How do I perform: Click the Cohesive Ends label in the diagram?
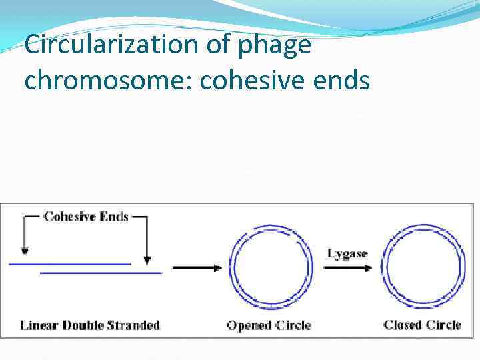[85, 217]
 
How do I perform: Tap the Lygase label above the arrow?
[347, 253]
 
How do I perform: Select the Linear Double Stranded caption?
[90, 325]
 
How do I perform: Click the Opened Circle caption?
[269, 325]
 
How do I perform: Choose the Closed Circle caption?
[422, 325]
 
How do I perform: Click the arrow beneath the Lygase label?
[348, 268]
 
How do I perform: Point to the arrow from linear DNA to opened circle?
[197, 268]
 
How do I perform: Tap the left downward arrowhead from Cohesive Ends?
[25, 250]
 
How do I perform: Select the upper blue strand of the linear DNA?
[70, 264]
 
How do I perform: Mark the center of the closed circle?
[425, 268]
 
